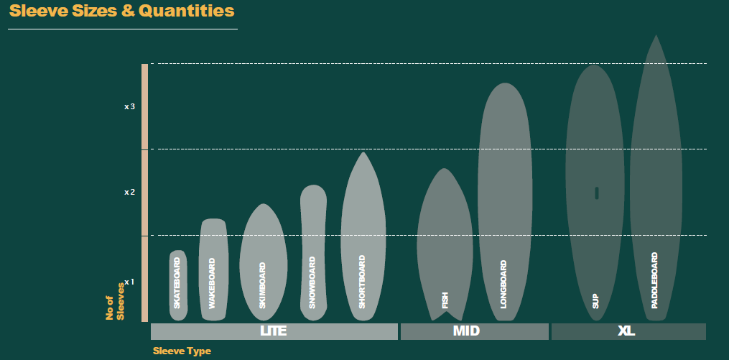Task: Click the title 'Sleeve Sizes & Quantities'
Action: pos(121,11)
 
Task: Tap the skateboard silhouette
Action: pos(178,285)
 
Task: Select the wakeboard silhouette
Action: pos(213,269)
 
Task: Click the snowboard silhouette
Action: pos(312,248)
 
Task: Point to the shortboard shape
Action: pos(363,237)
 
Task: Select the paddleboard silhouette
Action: pos(655,180)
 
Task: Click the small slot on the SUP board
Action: pos(597,193)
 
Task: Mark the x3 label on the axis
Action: pos(129,106)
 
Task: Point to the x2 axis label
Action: pos(129,192)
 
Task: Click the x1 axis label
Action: pos(129,282)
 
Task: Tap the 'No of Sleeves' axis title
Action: pos(115,301)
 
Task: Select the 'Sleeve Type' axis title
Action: pos(182,351)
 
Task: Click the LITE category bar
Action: pos(274,331)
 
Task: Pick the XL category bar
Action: pos(628,331)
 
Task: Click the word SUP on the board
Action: pos(596,300)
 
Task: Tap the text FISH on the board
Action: pos(445,299)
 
